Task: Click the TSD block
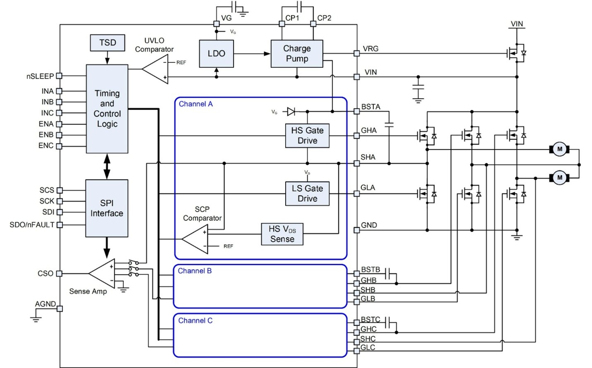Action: click(107, 43)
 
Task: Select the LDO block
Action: click(216, 54)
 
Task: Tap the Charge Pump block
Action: click(296, 54)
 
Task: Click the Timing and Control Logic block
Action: click(107, 109)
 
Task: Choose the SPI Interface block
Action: click(106, 208)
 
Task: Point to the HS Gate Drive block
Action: click(307, 136)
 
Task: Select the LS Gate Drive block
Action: click(307, 194)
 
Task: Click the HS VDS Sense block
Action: click(282, 234)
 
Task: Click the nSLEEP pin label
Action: click(40, 76)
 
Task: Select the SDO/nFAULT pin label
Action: click(32, 225)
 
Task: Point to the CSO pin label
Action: click(46, 274)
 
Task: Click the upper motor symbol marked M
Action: click(559, 149)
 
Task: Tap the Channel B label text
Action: click(195, 271)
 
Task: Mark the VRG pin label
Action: click(371, 49)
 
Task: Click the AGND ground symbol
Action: click(36, 319)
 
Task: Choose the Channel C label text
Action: click(195, 320)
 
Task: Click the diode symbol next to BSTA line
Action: click(291, 112)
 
